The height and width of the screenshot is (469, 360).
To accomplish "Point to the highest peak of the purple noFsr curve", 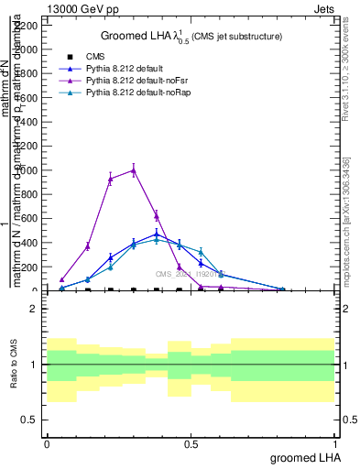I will [x=134, y=169].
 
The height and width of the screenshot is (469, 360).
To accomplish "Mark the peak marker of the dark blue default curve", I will [x=157, y=234].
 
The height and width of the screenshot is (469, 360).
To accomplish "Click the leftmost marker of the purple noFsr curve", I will [x=61, y=279].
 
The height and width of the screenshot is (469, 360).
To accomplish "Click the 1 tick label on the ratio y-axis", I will [x=34, y=365].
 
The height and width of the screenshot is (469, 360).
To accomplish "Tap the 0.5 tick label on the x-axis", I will [x=191, y=444].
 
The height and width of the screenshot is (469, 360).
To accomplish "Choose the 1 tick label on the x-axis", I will [x=334, y=444].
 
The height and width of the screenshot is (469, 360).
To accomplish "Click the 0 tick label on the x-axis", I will [x=47, y=444].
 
